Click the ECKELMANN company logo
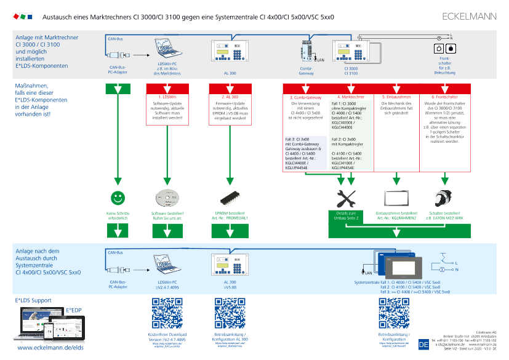(470, 16)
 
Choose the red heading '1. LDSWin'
(167, 97)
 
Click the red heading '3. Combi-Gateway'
(305, 97)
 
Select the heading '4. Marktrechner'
(351, 97)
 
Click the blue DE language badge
(423, 345)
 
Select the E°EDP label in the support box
(74, 311)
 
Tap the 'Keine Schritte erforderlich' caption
(117, 215)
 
